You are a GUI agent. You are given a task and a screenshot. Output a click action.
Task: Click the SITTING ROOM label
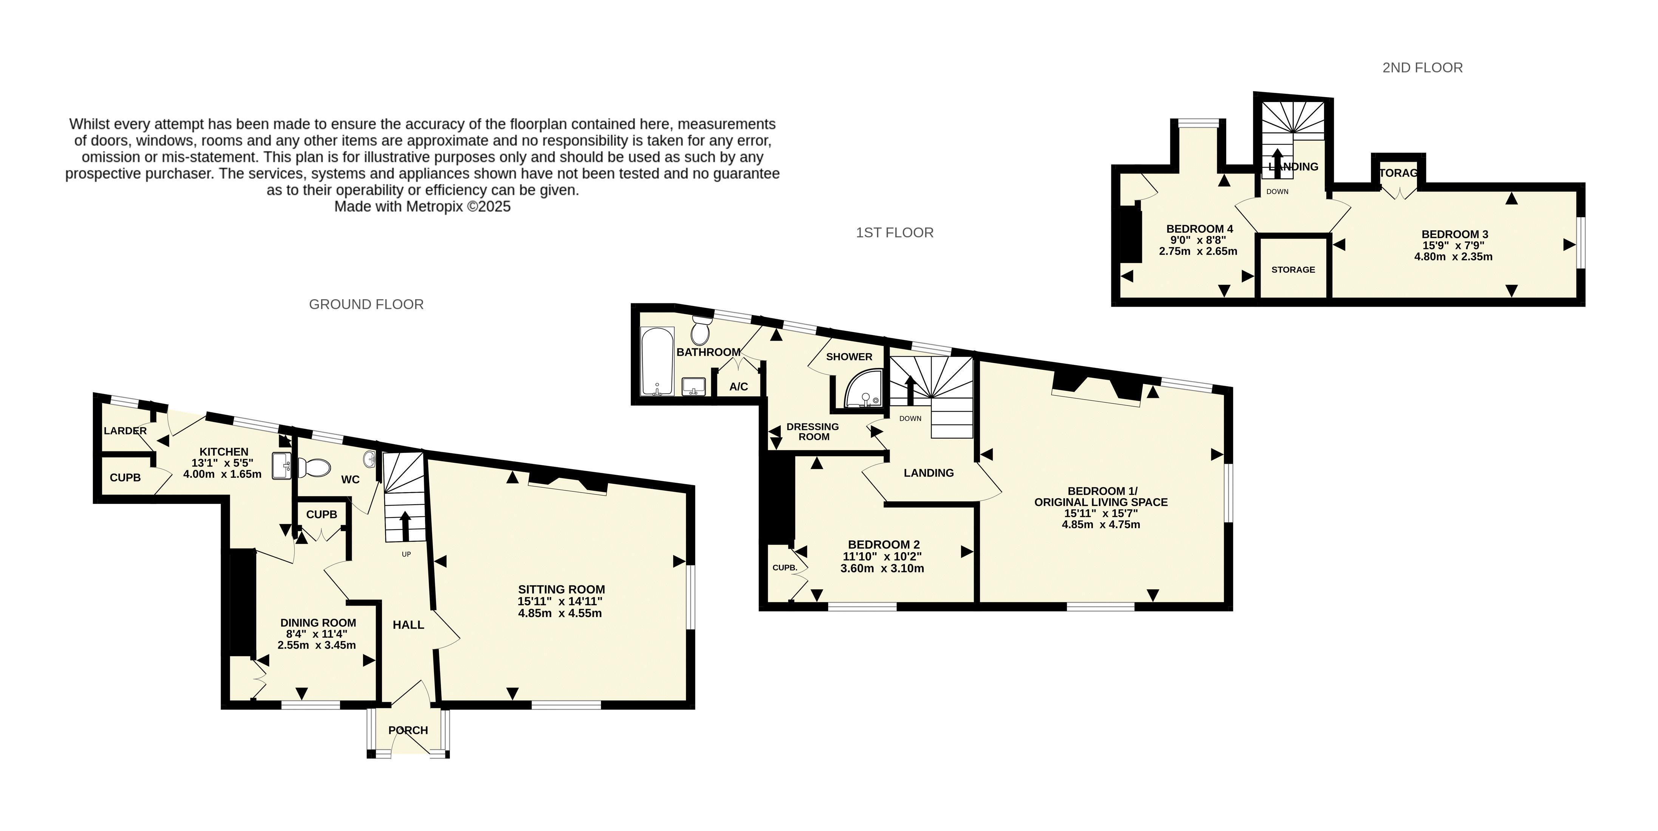pos(561,589)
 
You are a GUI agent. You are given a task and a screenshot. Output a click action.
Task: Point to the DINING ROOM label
pos(318,622)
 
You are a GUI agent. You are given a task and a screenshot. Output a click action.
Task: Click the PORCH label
pos(408,730)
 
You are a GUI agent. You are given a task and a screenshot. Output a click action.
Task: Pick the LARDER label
pos(125,431)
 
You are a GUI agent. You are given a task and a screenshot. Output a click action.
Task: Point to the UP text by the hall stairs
pos(406,554)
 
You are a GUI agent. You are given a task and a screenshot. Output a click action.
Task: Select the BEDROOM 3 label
pos(1455,234)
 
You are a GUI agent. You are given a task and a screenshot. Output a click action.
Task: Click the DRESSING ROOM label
pos(813,431)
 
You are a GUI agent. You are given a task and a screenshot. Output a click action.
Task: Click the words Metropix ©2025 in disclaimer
pos(457,207)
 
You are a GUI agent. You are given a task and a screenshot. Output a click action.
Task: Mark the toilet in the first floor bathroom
pos(701,330)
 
